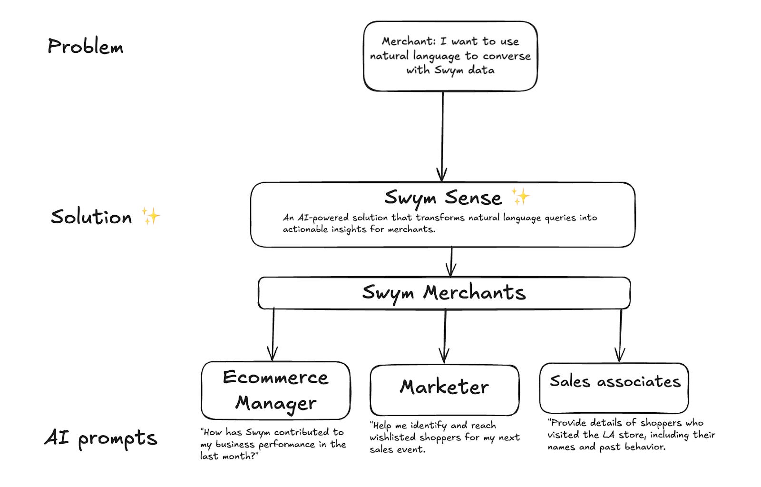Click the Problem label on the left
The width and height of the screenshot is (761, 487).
click(x=85, y=47)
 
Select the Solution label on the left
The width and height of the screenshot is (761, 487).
click(x=91, y=217)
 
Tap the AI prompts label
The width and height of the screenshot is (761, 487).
click(x=100, y=438)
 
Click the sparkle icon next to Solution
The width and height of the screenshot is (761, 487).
click(x=151, y=216)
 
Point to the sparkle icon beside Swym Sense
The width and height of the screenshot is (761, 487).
click(x=520, y=196)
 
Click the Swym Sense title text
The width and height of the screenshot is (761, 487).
click(x=443, y=198)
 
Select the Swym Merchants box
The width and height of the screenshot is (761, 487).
click(x=444, y=293)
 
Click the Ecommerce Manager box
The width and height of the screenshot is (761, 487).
click(x=275, y=390)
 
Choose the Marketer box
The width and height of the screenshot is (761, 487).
click(x=444, y=389)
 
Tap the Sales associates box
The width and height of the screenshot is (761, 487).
click(x=614, y=388)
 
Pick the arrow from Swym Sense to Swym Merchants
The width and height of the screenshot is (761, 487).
click(x=451, y=262)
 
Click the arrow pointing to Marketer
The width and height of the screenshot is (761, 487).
click(x=444, y=336)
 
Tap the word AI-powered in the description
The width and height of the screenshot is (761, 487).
click(x=323, y=218)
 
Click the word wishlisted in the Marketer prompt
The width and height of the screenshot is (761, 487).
click(x=390, y=437)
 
